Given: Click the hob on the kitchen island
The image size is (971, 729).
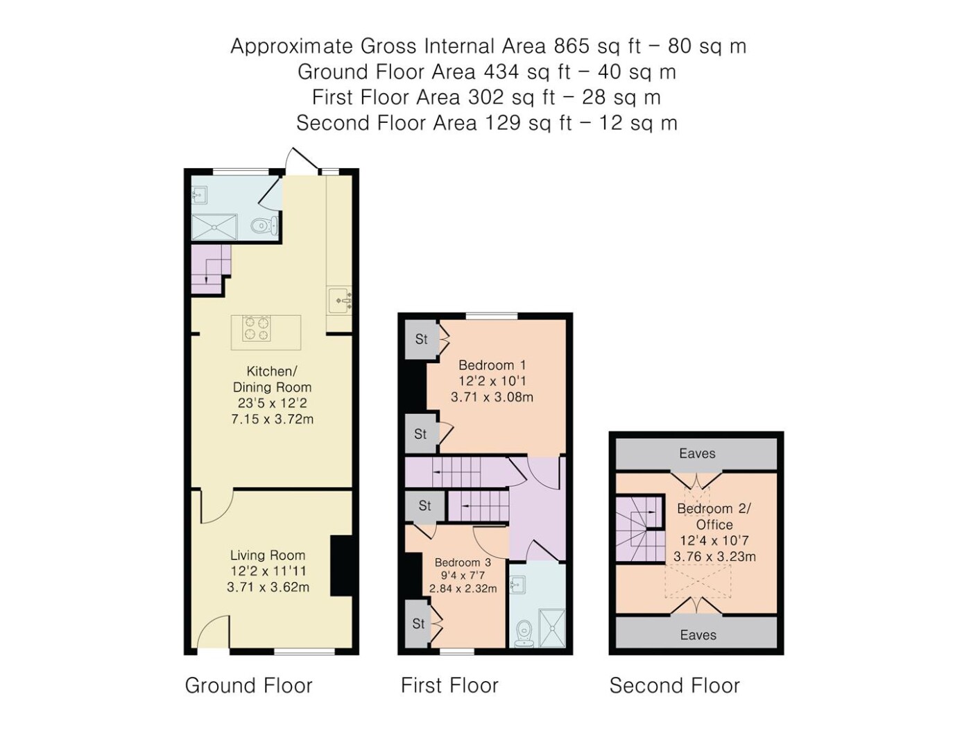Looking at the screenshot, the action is (x=257, y=328).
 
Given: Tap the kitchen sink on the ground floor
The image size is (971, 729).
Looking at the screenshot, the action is (x=339, y=300).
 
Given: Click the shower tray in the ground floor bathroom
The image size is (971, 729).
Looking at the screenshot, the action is (x=214, y=228).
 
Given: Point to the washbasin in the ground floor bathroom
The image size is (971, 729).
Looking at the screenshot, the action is (x=200, y=195).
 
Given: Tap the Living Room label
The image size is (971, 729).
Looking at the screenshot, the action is (x=268, y=555).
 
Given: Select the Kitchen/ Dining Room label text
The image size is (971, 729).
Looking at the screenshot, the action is (x=272, y=379).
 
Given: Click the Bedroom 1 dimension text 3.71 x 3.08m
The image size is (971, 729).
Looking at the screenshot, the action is (x=492, y=397).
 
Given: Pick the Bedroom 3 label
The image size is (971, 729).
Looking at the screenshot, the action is (x=463, y=562).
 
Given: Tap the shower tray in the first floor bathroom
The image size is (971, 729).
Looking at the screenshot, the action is (x=551, y=628).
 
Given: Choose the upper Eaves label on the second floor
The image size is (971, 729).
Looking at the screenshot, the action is (x=697, y=453).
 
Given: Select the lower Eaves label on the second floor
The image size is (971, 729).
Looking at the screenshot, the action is (x=698, y=635).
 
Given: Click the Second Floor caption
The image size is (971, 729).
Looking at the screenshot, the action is (x=675, y=686).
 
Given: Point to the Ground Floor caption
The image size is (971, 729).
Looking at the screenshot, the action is (x=248, y=686).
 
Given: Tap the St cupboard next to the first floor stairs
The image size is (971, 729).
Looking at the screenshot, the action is (x=424, y=505).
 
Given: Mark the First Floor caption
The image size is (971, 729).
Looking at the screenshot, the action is (x=449, y=686).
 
